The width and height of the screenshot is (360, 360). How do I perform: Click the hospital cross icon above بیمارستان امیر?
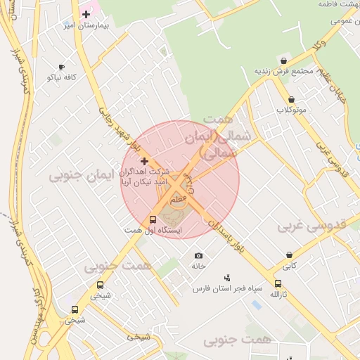point(86,14)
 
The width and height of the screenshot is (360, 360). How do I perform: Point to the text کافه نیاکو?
point(62,77)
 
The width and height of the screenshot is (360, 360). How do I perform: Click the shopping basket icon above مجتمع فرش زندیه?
point(283,61)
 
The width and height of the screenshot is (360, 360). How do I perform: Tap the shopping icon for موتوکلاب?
point(291,100)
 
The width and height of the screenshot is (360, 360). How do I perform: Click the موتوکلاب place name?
point(291,110)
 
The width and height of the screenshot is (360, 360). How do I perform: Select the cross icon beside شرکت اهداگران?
point(145,162)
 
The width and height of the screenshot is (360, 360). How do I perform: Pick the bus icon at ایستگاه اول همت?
point(153,220)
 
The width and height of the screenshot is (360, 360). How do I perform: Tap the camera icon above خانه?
point(198,255)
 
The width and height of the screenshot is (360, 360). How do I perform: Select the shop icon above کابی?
point(289,256)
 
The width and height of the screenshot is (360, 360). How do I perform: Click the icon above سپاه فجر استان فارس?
point(226,278)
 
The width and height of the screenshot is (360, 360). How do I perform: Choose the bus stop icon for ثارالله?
point(278,284)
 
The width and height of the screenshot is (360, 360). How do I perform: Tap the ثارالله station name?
point(279,294)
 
